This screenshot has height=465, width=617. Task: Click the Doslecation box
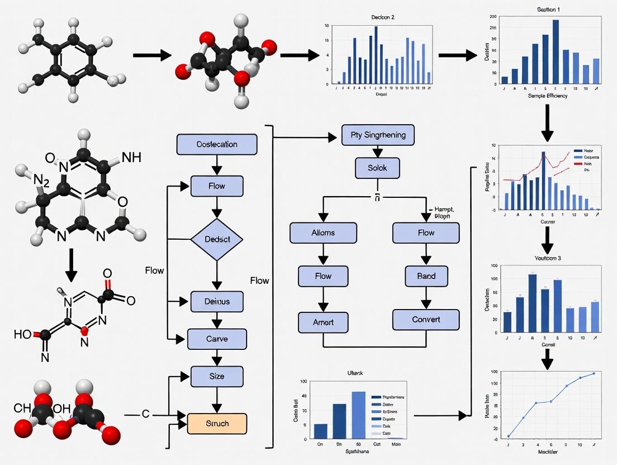coord(217,144)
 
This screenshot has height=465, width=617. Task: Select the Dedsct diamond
coord(217,240)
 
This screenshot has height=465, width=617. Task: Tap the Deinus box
coord(217,302)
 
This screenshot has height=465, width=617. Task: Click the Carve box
coord(217,339)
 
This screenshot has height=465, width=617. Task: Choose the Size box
coord(217,376)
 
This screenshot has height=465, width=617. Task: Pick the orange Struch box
coord(217,423)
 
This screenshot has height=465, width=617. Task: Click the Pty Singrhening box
coord(378,135)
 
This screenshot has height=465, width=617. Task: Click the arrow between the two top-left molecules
coord(151,55)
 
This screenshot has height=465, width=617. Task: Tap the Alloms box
coord(324,232)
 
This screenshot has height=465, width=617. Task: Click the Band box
coord(426,276)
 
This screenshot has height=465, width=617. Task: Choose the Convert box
coord(426,320)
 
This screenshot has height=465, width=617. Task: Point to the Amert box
coord(324,322)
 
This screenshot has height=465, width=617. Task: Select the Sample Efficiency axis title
coord(548,96)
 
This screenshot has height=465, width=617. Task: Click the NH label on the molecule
coord(131,158)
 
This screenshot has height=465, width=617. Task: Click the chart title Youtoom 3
coord(548,258)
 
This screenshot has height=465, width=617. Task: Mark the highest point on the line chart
coord(594,373)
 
